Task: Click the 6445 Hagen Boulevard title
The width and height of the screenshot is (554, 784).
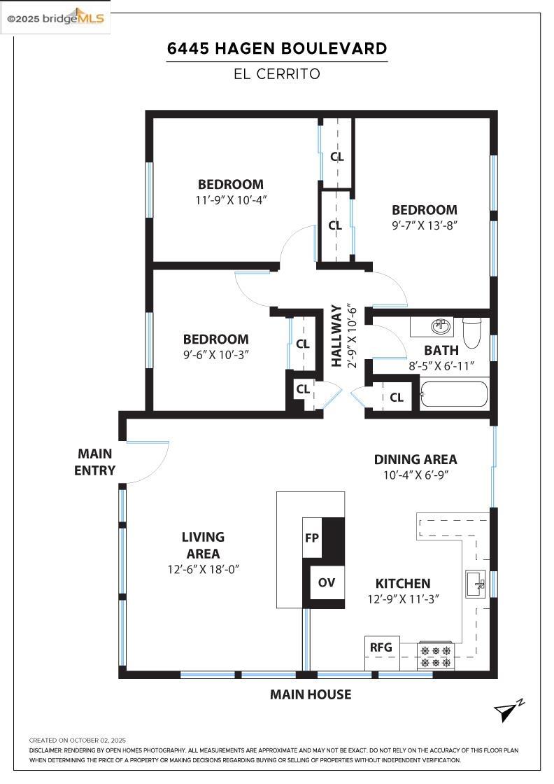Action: (x=277, y=48)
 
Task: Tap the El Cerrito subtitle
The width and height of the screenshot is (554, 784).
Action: (x=277, y=74)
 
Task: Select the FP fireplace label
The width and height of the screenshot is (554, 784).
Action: (x=312, y=538)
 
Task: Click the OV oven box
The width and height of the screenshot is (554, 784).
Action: (x=327, y=582)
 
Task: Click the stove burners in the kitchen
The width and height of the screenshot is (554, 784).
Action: (x=436, y=657)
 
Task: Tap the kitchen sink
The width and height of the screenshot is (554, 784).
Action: (x=475, y=584)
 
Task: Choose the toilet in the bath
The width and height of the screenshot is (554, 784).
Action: (x=471, y=332)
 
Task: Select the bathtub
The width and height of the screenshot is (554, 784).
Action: (x=453, y=395)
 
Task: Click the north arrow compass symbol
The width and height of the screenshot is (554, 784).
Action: (x=509, y=710)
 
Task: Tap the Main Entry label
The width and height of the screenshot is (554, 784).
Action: (x=95, y=462)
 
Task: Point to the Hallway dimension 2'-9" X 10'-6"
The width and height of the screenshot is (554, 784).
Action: (x=353, y=335)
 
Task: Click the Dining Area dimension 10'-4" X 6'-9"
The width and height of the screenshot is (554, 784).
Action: (x=415, y=475)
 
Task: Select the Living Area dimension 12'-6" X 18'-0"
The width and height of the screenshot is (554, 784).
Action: (x=204, y=569)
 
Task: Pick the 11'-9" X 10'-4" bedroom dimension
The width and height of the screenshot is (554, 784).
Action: (x=231, y=200)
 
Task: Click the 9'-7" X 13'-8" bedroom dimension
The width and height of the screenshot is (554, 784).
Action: (x=425, y=225)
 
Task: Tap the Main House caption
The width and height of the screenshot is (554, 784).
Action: (x=311, y=694)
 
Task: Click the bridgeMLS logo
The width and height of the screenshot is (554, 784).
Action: (x=55, y=18)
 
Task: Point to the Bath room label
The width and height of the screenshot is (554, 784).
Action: (x=441, y=350)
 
